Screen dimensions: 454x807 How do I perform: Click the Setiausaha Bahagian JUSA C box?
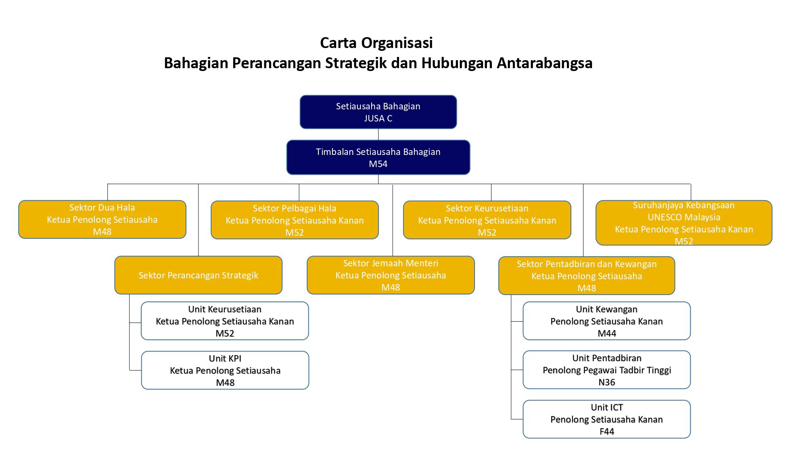point(378,112)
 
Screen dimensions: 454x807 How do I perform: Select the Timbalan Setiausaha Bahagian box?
point(378,157)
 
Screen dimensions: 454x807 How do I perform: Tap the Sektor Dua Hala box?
point(102,220)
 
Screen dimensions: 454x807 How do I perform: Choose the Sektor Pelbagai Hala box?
point(295,220)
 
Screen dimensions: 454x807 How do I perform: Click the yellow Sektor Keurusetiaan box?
point(487,220)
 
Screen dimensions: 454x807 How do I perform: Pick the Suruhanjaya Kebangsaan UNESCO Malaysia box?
point(684,223)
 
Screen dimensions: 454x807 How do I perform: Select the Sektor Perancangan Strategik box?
point(198,275)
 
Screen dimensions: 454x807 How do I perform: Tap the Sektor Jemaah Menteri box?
point(391,275)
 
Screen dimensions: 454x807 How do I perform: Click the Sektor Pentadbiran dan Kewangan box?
point(587,276)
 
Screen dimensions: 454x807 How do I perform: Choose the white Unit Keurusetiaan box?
point(225,321)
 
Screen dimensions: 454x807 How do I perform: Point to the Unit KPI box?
point(225,370)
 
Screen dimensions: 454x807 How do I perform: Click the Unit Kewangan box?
point(606,321)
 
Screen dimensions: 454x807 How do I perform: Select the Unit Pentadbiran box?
point(606,370)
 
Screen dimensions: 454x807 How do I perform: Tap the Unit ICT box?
point(606,419)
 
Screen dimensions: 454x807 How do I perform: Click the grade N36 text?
point(606,382)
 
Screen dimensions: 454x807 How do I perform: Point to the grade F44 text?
point(606,431)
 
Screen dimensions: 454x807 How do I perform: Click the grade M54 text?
point(378,164)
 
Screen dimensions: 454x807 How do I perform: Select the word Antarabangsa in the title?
point(544,63)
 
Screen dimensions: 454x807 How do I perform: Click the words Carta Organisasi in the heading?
point(376,43)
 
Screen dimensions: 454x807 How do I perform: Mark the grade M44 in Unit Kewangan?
point(606,333)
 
